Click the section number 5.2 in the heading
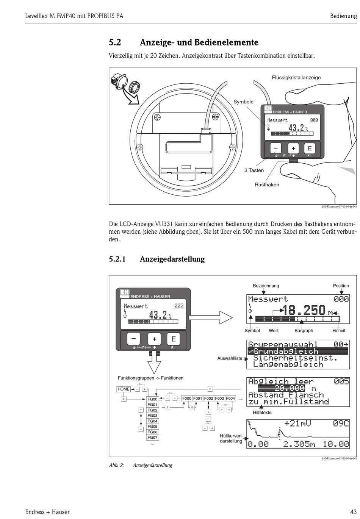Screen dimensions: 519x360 tap(115, 42)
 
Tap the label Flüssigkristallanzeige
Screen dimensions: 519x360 tap(296, 78)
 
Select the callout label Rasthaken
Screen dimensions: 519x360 tap(267, 185)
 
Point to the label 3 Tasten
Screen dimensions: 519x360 tap(254, 170)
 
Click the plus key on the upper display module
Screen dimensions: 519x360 tap(293, 149)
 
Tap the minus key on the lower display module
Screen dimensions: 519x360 tap(133, 339)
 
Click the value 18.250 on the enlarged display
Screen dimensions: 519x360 tap(304, 311)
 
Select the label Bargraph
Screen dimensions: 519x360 tap(304, 331)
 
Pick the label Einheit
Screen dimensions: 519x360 tap(339, 331)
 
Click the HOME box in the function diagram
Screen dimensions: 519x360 tap(124, 389)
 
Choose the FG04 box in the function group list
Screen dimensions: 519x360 tap(152, 421)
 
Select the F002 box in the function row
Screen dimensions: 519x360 tap(209, 399)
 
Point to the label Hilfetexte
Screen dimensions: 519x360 tap(262, 413)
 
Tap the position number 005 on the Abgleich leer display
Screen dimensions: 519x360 tap(341, 381)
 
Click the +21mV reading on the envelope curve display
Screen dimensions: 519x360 tap(298, 423)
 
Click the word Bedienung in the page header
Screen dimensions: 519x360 tap(343, 16)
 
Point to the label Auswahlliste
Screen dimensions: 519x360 tap(230, 358)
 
